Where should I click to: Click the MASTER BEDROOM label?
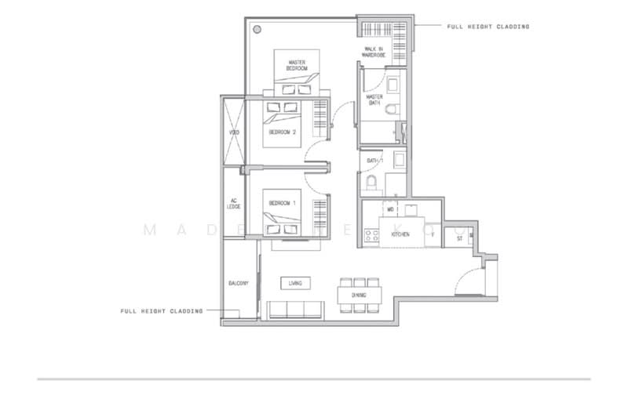coord(296,66)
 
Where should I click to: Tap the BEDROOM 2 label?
coord(282,132)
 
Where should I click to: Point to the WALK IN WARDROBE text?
coord(374,52)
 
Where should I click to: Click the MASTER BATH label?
coord(374,100)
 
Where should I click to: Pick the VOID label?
coord(234,132)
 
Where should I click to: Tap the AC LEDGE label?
coord(234,202)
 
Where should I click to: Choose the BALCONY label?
coord(239,283)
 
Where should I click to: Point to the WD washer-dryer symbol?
coord(390,209)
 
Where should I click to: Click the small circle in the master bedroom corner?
coord(257,29)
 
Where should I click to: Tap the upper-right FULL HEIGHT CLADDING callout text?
coord(487,27)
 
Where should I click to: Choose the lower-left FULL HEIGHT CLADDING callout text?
coord(161,311)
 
